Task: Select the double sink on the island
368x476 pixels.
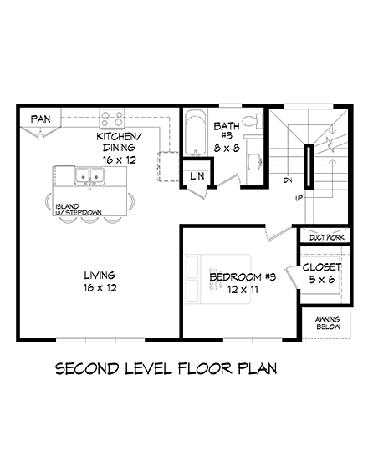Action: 89,176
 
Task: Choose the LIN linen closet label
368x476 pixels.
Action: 197,176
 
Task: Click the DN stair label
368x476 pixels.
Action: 286,180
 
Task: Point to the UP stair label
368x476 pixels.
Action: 299,198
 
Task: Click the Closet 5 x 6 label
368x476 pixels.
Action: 321,273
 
